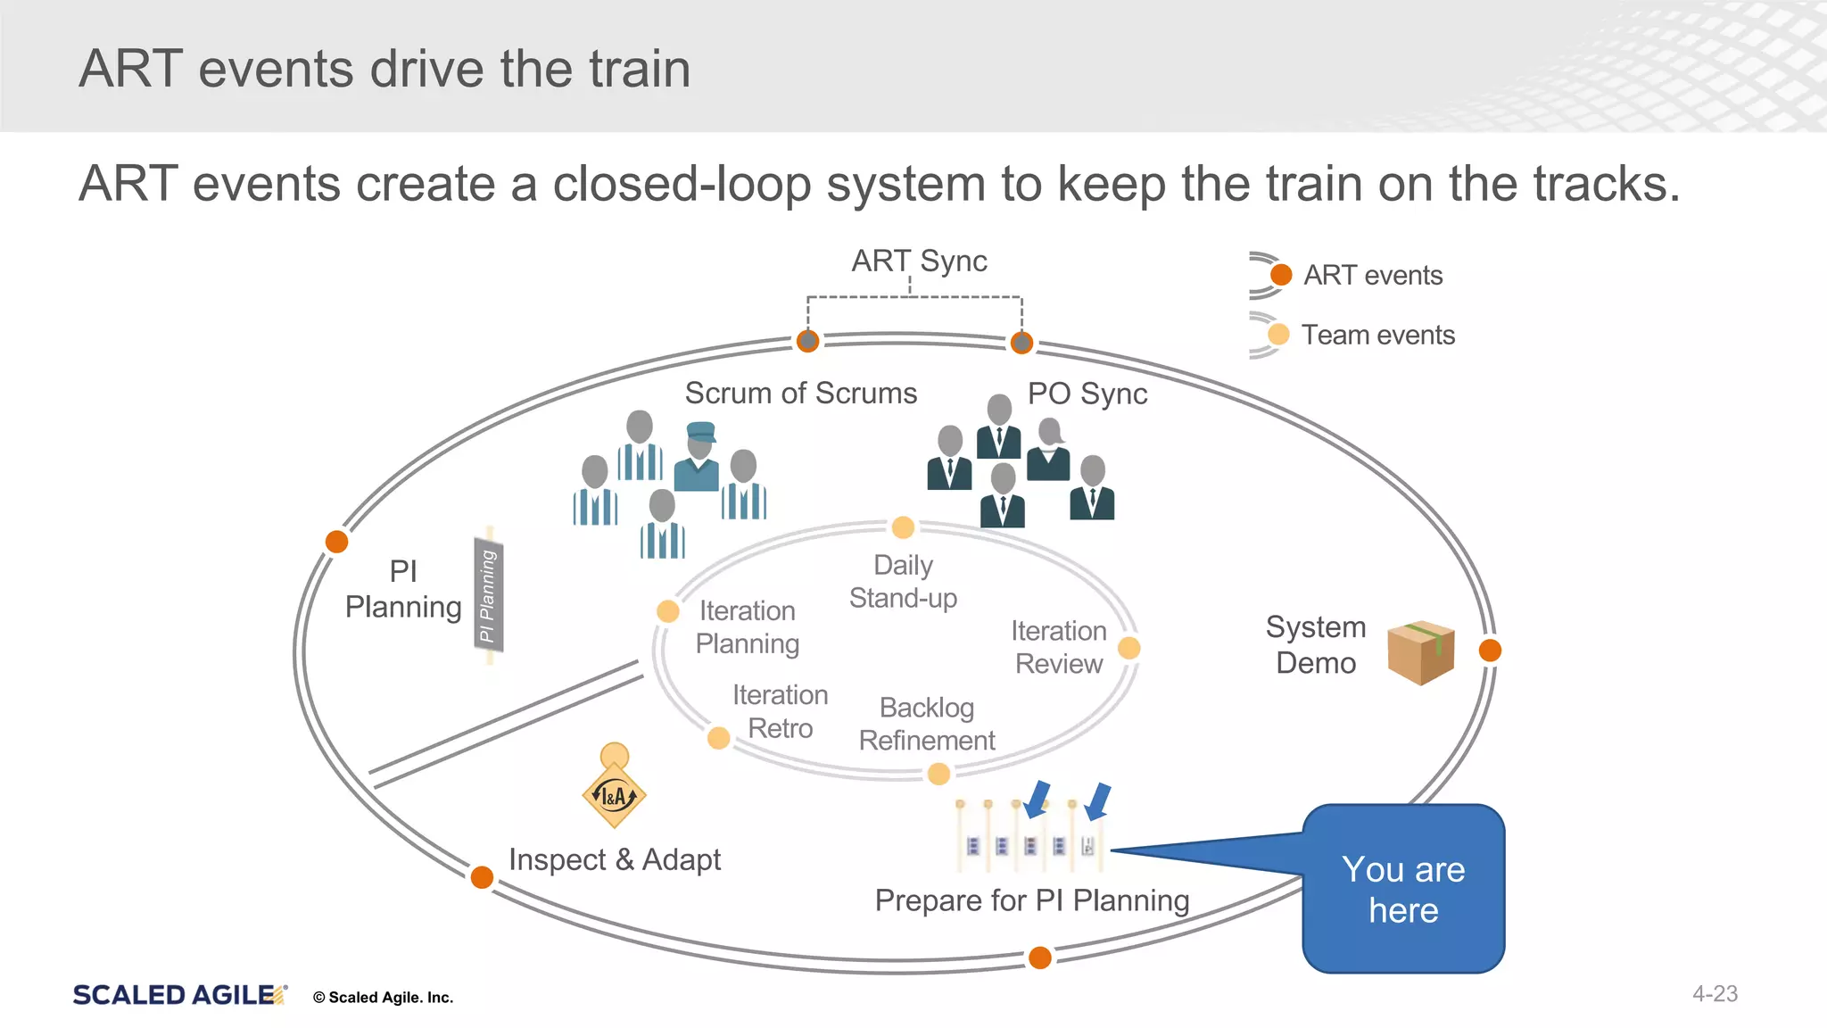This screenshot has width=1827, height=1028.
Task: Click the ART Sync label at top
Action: tap(919, 261)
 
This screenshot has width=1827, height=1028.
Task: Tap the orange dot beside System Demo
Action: tap(1490, 651)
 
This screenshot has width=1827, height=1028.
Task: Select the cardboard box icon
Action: tap(1421, 652)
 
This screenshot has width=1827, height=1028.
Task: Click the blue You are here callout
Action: tap(1403, 890)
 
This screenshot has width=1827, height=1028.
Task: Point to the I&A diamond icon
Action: tap(614, 795)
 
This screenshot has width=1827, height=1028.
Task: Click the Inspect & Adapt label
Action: tap(615, 859)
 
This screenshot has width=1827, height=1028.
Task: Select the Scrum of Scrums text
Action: tap(800, 394)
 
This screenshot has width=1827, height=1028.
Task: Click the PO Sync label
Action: tap(1087, 394)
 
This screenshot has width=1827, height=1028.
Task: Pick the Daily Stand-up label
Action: tap(903, 582)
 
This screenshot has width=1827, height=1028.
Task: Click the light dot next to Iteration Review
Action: tap(1128, 648)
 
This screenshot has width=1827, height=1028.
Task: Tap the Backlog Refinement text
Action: tap(927, 724)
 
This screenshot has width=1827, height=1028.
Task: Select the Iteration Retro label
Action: tap(780, 711)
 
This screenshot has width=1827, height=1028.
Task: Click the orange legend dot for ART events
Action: tap(1281, 275)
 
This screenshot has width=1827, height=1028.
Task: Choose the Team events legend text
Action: tap(1377, 335)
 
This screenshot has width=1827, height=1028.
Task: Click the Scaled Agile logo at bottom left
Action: tap(178, 995)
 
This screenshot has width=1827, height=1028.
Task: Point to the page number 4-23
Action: tap(1715, 993)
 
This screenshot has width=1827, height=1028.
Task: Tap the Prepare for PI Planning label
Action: tap(1032, 900)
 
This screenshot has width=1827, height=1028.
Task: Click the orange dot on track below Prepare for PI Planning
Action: tap(1040, 958)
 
